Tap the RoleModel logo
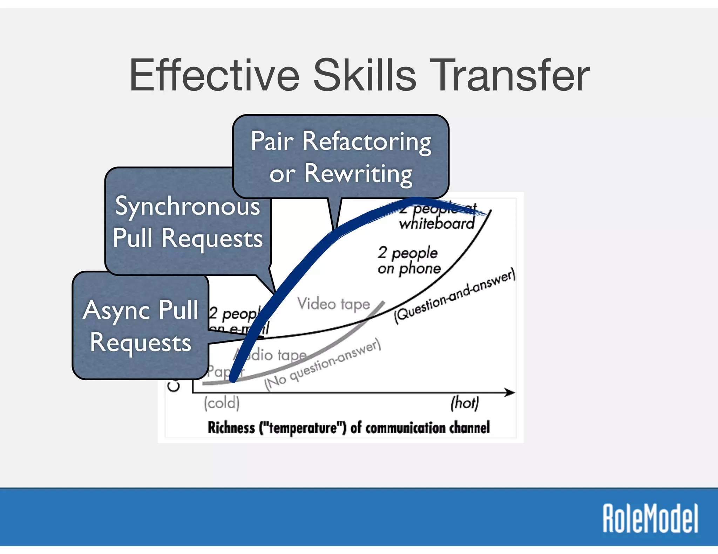(650, 519)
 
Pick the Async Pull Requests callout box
(140, 326)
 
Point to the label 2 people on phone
(409, 260)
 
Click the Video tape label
(333, 304)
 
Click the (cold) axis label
(222, 403)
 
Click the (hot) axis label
(465, 403)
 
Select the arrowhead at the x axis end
(510, 393)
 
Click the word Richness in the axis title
(231, 428)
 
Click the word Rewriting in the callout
(358, 173)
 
